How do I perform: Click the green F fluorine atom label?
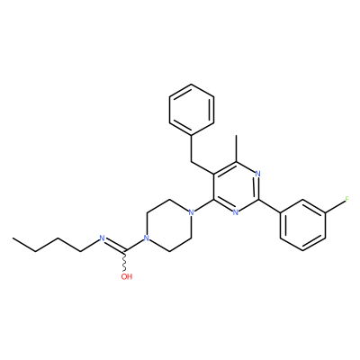tap(347, 199)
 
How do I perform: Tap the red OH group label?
tap(127, 276)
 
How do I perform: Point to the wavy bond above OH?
tap(125, 261)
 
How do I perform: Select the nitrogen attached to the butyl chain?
tap(102, 238)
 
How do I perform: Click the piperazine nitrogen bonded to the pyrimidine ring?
tap(191, 213)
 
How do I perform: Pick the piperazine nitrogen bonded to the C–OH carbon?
tap(146, 238)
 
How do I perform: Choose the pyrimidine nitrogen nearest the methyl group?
tap(258, 174)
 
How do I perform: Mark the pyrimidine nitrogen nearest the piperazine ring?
tap(236, 212)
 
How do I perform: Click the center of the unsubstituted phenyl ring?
tap(192, 110)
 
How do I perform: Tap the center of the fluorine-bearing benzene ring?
tap(303, 226)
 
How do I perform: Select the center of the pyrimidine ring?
tap(236, 187)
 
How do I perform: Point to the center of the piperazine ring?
tap(168, 226)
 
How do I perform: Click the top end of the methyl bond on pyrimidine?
tap(237, 135)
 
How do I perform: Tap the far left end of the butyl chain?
tap(13, 238)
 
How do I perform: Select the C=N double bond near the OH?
tap(114, 245)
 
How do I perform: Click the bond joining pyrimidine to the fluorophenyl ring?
tap(269, 206)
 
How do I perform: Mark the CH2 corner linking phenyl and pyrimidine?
tap(192, 161)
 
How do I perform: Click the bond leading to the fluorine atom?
tap(335, 206)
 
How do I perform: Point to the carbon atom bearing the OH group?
tap(125, 251)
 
